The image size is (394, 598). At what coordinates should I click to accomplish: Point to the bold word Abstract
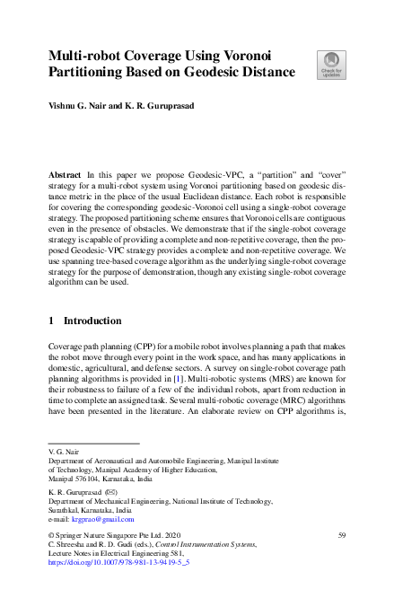(x=66, y=171)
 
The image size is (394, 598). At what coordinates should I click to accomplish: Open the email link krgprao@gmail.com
(x=103, y=519)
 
